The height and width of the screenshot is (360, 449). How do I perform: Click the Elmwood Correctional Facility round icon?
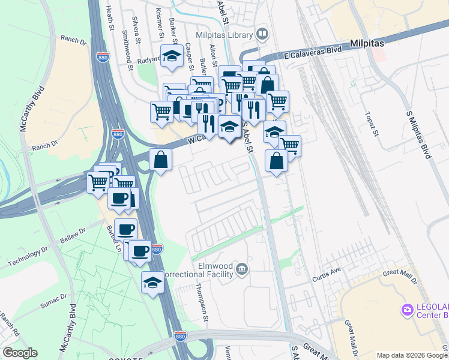pyautogui.click(x=242, y=268)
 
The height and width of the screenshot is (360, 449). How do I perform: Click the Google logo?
pyautogui.click(x=20, y=353)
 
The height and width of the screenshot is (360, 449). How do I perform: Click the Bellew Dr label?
pyautogui.click(x=73, y=235)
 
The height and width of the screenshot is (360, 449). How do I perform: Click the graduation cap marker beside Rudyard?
pyautogui.click(x=172, y=57)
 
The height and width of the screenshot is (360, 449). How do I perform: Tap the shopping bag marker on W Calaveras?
pyautogui.click(x=161, y=160)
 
